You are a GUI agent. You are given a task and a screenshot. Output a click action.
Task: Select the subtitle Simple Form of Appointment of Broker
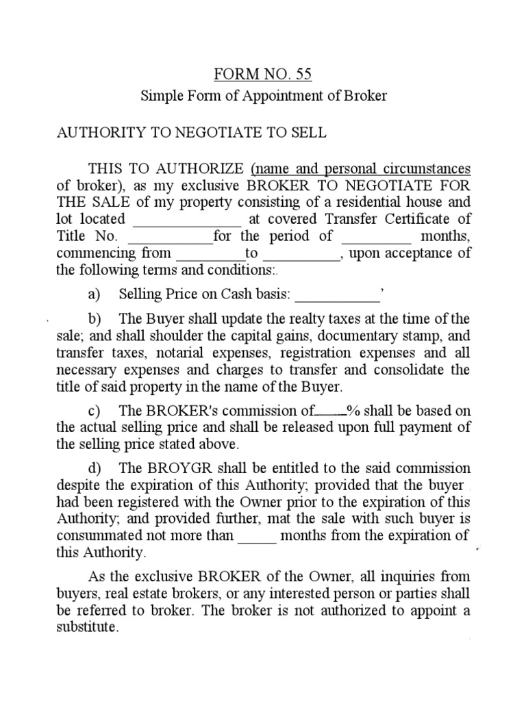click(x=264, y=96)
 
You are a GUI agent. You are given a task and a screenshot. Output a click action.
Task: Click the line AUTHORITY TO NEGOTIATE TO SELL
click(x=191, y=133)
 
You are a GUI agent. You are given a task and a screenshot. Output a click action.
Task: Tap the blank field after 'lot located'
click(x=186, y=220)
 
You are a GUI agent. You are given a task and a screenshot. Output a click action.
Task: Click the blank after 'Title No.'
click(x=171, y=238)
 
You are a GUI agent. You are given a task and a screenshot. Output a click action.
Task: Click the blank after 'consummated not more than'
click(x=257, y=536)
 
